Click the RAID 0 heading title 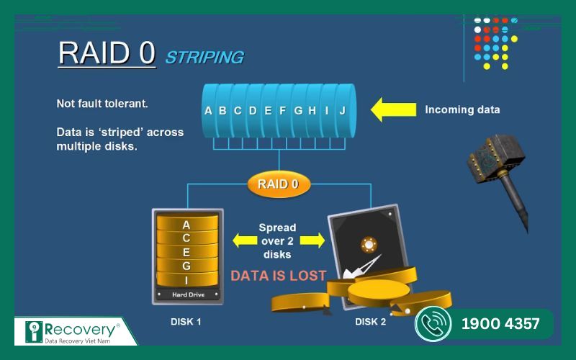tap(107, 53)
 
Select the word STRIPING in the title tap(204, 57)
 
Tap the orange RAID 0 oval tap(279, 184)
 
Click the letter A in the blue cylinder tap(208, 110)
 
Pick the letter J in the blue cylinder tap(343, 110)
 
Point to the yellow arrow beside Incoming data tap(393, 110)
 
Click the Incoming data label tap(462, 110)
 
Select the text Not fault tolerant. tap(102, 104)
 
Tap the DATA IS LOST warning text tap(278, 275)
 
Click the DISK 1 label tap(186, 321)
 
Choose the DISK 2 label tap(370, 321)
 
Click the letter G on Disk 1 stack tap(186, 266)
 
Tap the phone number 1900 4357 tap(500, 324)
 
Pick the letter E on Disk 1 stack tap(186, 251)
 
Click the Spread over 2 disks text tap(277, 240)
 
